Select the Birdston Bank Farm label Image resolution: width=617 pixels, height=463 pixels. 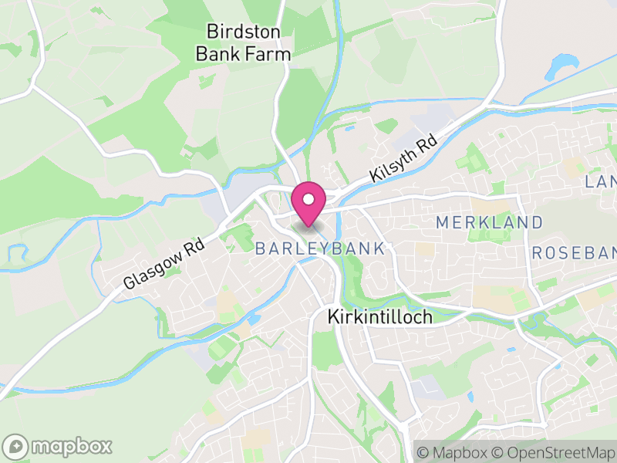(243, 42)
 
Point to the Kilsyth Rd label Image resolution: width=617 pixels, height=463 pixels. (403, 160)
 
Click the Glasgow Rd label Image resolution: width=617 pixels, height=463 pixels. (164, 263)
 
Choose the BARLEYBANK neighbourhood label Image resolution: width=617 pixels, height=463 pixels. (319, 248)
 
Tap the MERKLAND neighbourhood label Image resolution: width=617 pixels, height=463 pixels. (489, 222)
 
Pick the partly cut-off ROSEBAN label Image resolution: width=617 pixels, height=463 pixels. (575, 253)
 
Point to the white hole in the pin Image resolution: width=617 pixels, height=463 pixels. (308, 199)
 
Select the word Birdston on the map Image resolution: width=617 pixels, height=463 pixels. (243, 32)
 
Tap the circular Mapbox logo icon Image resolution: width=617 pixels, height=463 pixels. (15, 446)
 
